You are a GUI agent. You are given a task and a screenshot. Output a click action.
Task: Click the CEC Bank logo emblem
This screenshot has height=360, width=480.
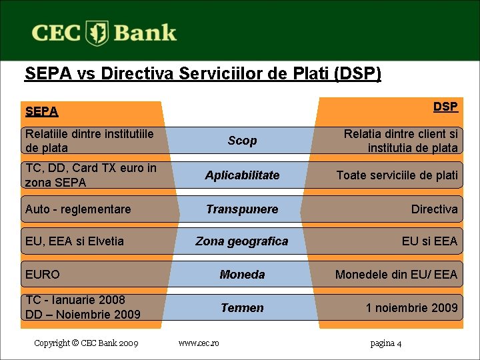click(99, 33)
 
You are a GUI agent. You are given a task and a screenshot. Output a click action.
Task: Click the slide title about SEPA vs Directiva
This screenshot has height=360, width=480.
click(203, 73)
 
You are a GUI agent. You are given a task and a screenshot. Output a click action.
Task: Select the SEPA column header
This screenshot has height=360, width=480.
click(41, 111)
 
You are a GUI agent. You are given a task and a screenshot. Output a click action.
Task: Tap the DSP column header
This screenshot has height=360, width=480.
click(445, 107)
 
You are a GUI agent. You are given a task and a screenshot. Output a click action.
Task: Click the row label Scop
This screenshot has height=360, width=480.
click(242, 141)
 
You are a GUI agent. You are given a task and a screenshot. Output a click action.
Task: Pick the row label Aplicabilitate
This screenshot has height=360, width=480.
click(242, 175)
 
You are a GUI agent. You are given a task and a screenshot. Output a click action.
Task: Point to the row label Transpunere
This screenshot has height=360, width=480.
click(242, 209)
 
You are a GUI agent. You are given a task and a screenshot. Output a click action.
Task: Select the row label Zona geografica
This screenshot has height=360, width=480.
click(242, 241)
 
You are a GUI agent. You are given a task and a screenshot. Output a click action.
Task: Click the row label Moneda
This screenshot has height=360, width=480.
click(242, 275)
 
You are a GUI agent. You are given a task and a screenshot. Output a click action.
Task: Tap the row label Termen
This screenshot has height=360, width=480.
click(242, 307)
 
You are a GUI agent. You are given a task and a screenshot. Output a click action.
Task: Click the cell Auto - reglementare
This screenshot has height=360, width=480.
click(78, 209)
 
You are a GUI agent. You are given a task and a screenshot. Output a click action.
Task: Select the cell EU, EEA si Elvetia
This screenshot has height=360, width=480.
click(74, 241)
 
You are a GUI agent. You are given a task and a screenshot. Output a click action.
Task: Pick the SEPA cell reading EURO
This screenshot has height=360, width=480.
click(42, 275)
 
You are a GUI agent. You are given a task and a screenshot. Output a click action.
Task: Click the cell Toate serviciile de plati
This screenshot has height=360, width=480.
click(397, 175)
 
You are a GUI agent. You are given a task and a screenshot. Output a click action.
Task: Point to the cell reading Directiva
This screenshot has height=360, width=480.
click(434, 209)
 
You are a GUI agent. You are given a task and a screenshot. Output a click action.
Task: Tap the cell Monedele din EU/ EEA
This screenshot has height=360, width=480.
click(396, 275)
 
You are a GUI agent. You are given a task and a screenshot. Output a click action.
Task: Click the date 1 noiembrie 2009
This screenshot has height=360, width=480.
click(411, 307)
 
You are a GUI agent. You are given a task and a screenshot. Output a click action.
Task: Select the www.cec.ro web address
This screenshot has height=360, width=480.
click(199, 343)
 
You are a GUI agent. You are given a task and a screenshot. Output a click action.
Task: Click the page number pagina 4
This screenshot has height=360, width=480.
click(385, 343)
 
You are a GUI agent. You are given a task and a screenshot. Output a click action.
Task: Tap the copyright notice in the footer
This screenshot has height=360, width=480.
click(86, 343)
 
